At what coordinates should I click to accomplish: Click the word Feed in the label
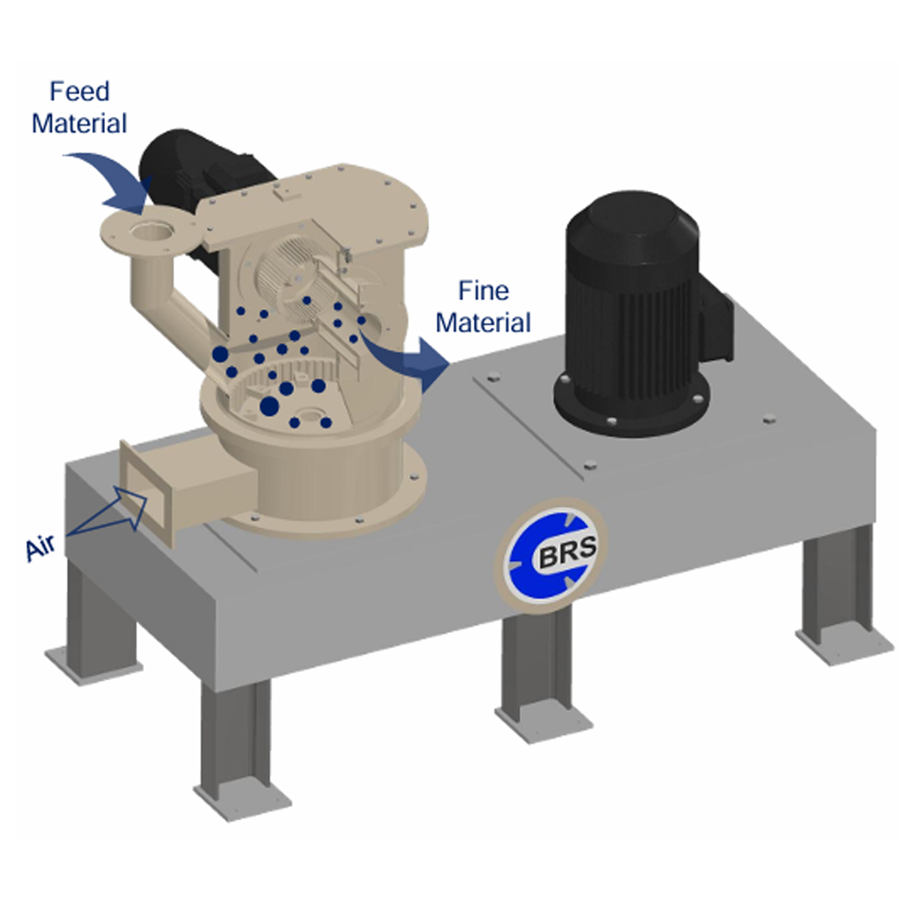(x=79, y=91)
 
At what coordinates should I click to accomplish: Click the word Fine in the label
(x=484, y=291)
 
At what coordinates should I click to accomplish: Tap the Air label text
(x=40, y=547)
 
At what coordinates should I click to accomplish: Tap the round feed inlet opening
(x=151, y=230)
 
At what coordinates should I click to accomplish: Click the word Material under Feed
(x=79, y=124)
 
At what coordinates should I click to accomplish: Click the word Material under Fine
(x=484, y=323)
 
